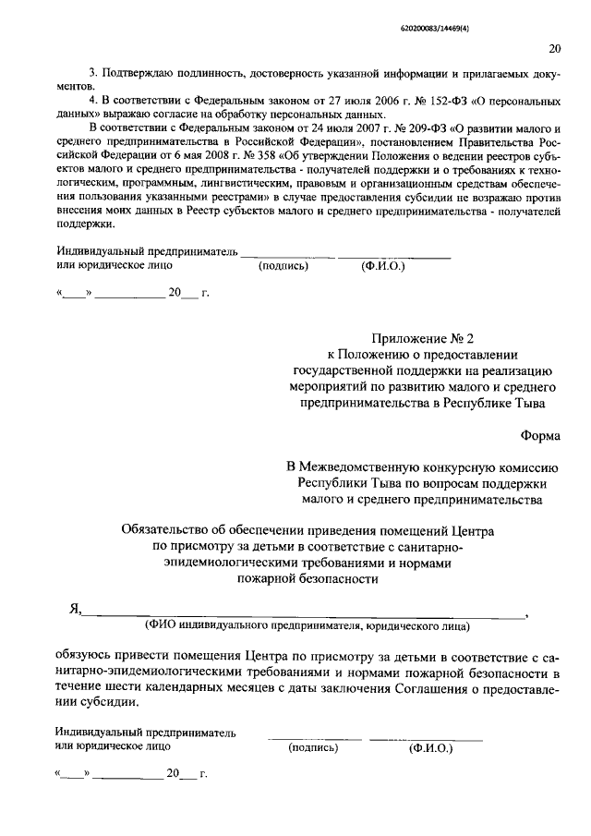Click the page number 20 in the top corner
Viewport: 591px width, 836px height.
coord(554,49)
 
